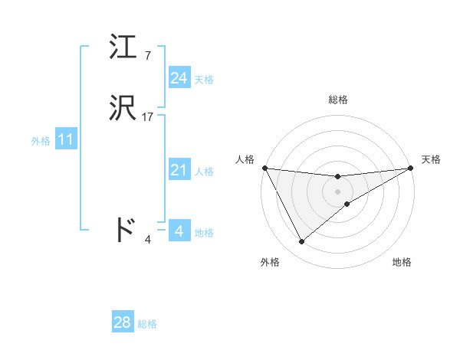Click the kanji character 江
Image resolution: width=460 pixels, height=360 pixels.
tap(123, 47)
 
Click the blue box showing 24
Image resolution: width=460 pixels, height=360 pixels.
tap(179, 78)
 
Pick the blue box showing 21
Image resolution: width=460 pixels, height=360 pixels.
tap(179, 171)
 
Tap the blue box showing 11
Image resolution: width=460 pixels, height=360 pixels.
tap(65, 140)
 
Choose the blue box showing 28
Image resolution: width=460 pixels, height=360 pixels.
tap(123, 322)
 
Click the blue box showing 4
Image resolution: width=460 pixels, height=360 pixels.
tap(179, 230)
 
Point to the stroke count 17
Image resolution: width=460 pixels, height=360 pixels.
tap(148, 117)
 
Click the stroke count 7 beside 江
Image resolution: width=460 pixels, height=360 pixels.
tap(147, 55)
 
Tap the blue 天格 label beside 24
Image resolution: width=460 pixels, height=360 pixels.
tap(204, 80)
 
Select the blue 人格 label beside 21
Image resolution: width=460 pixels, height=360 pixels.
tap(204, 172)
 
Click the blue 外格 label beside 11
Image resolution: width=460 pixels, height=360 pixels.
tap(41, 141)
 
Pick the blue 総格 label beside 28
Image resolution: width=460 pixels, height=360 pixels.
tap(147, 324)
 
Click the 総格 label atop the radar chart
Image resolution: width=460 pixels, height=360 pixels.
tap(338, 100)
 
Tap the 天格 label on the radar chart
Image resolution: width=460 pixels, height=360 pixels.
tap(432, 159)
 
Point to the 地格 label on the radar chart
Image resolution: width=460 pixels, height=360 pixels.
tap(402, 263)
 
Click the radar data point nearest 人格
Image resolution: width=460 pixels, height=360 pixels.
tap(264, 168)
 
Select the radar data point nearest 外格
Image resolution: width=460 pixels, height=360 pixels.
tap(301, 242)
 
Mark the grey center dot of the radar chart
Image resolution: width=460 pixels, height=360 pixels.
tap(338, 191)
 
